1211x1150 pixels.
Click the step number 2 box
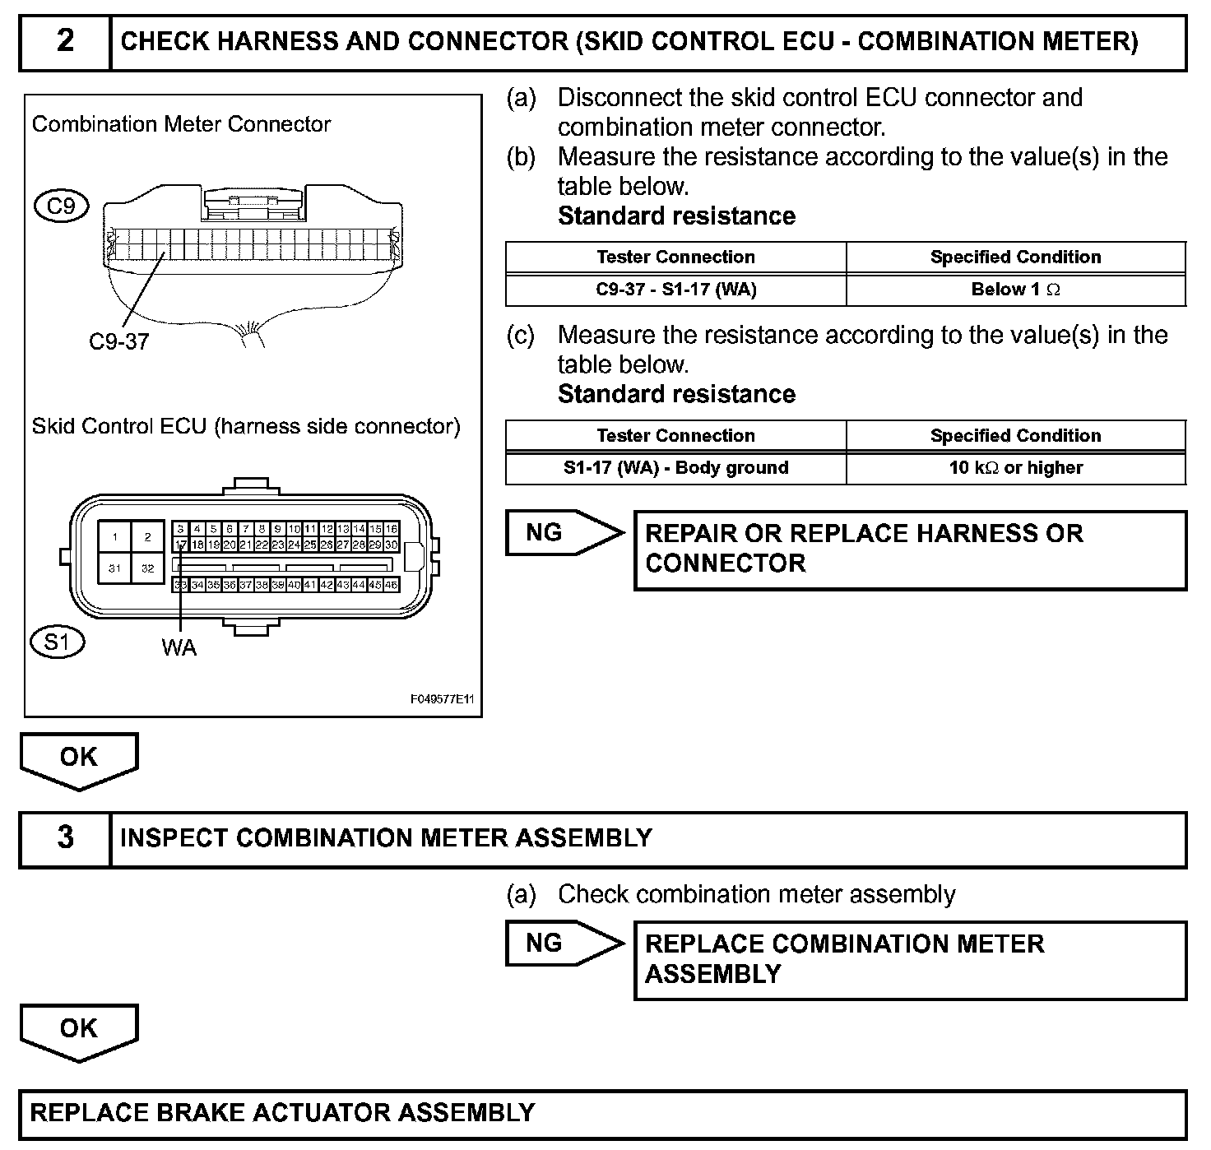[x=65, y=41]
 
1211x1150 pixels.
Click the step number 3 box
[x=65, y=838]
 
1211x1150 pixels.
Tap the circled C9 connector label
[x=61, y=206]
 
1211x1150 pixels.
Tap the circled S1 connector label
[x=57, y=642]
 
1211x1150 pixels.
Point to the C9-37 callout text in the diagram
[x=119, y=341]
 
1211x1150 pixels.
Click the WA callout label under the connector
[x=179, y=648]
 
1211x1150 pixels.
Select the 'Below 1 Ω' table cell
[x=1015, y=290]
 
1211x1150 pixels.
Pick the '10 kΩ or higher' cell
[x=1015, y=468]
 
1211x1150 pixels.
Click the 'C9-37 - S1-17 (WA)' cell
[x=675, y=290]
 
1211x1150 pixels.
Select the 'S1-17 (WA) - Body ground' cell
[x=675, y=468]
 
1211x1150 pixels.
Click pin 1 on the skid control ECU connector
[x=115, y=537]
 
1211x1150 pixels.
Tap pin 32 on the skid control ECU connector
[x=148, y=568]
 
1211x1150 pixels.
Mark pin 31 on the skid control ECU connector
[x=115, y=568]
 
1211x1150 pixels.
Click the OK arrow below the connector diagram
[x=78, y=758]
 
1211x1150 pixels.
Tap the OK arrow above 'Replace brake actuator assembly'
[x=78, y=1030]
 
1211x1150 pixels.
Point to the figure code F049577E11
[x=443, y=699]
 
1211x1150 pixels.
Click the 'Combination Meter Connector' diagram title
[x=181, y=124]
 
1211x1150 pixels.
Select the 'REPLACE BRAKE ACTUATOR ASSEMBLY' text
[x=282, y=1113]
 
